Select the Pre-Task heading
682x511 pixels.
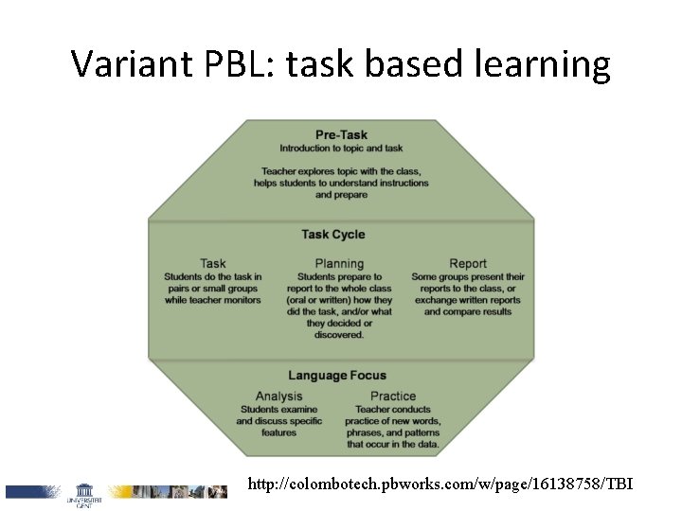[341, 134]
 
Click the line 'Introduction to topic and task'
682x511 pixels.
[341, 148]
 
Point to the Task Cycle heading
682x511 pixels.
[333, 235]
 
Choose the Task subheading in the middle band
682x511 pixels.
[213, 264]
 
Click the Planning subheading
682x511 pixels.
[339, 264]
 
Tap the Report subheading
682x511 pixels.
[468, 264]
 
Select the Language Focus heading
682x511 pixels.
[337, 376]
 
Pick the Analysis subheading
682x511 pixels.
[279, 396]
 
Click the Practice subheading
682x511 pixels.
[393, 396]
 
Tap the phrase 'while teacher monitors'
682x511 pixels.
[213, 300]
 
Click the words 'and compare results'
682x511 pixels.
[468, 311]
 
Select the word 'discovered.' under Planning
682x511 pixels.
[339, 334]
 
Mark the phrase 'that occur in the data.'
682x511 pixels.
[393, 444]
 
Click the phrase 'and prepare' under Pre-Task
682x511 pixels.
[341, 195]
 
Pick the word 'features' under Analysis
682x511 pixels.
[279, 432]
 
